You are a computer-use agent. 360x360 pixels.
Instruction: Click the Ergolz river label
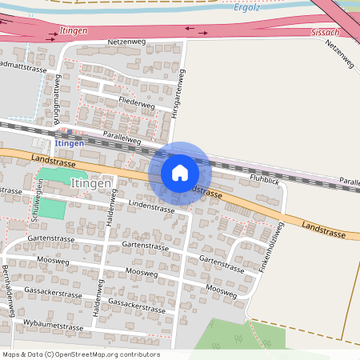coord(248,7)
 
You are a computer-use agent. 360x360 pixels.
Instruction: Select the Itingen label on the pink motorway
coord(74,30)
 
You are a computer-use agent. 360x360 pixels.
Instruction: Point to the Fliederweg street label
coord(136,104)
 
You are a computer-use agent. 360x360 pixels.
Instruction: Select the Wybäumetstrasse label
coord(54,327)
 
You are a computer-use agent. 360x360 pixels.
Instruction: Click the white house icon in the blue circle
coord(180,173)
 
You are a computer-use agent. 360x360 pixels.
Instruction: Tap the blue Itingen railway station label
coord(70,142)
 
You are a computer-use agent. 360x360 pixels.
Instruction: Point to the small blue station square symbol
coord(70,133)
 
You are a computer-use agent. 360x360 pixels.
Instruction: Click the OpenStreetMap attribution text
coord(81,354)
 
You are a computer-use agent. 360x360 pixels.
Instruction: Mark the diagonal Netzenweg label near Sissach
coord(340,53)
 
